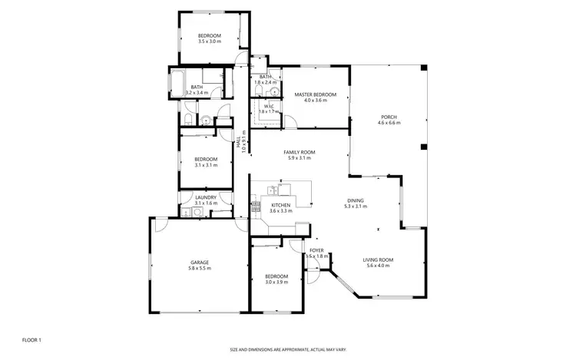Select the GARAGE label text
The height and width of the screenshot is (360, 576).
coord(200,263)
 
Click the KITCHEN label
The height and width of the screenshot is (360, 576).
coord(280,206)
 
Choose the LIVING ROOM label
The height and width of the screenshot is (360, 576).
coord(378,260)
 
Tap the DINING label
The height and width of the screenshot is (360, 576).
coord(354,200)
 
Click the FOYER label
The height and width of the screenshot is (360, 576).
coord(316,250)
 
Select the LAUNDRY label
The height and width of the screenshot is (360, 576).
coord(205,197)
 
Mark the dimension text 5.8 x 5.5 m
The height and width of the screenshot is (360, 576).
coord(200,269)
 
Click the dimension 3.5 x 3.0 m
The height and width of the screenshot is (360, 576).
coord(209,41)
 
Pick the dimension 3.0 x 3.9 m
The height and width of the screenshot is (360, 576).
coord(276,282)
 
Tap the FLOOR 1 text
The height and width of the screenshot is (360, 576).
coord(31,339)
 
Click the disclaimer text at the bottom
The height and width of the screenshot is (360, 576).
coord(287,349)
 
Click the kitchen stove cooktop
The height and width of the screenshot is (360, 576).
coord(254,206)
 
